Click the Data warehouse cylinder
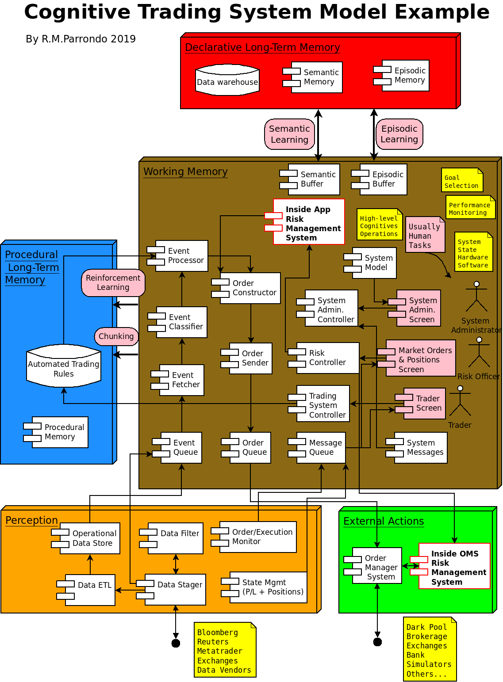(227, 80)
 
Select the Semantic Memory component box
(316, 77)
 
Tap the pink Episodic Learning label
(399, 134)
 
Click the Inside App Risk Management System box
(308, 222)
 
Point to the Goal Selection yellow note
(461, 180)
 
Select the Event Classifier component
(181, 322)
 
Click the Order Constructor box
(250, 288)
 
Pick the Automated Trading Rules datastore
(64, 366)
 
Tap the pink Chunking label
(116, 336)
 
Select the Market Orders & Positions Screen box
(420, 358)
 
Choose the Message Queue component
(321, 448)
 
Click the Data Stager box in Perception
(175, 590)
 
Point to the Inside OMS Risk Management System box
(454, 566)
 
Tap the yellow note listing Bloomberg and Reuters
(225, 650)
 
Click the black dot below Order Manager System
(377, 642)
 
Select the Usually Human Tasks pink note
(425, 235)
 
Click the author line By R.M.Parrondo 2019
(81, 39)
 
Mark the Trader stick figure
(460, 401)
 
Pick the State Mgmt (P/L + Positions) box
(268, 587)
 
